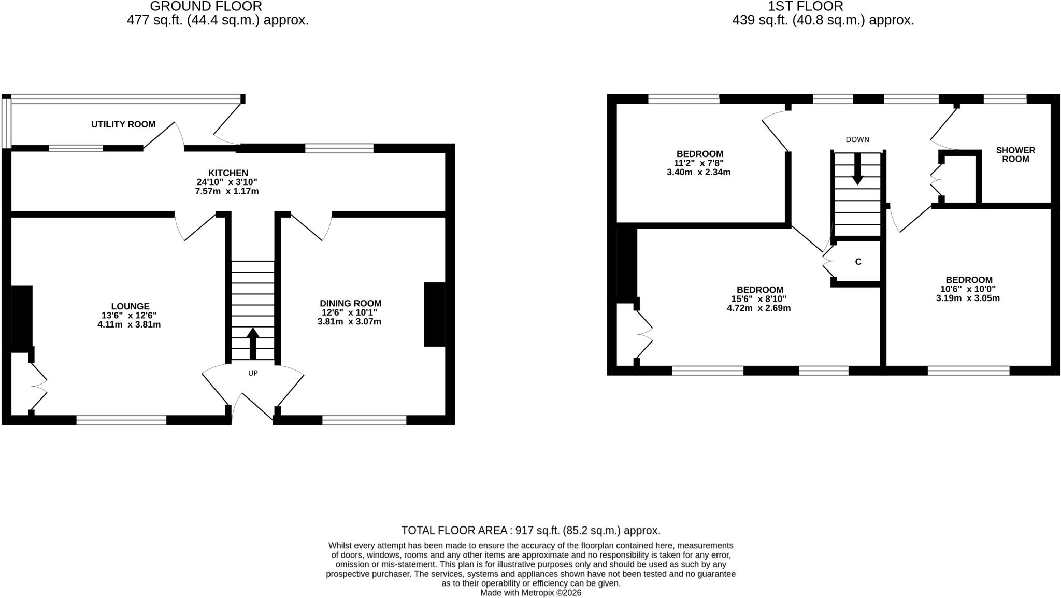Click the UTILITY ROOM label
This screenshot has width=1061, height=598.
[x=123, y=124]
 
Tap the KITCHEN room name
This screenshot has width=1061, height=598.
[x=228, y=173]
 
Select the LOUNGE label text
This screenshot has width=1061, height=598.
[x=130, y=307]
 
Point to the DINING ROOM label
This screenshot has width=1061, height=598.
[x=350, y=304]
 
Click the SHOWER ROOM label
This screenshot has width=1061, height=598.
[x=1015, y=154]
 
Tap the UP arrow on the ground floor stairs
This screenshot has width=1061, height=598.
[x=253, y=343]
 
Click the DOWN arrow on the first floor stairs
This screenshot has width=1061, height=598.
[x=857, y=169]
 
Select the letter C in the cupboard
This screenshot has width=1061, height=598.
[x=858, y=262]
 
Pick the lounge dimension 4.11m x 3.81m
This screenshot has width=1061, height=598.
[x=129, y=325]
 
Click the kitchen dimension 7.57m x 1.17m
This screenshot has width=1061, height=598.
[x=227, y=191]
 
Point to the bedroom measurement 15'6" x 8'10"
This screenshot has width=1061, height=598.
[x=760, y=299]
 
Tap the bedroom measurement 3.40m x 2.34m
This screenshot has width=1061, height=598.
[x=698, y=172]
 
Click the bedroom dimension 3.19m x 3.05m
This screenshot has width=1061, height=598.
[x=968, y=298]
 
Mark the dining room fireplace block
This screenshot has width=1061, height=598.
[x=435, y=314]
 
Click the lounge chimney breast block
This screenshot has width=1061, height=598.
[x=21, y=319]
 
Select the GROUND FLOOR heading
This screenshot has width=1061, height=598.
[x=206, y=7]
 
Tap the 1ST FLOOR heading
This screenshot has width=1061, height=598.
[x=805, y=7]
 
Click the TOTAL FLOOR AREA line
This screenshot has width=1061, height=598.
[x=530, y=531]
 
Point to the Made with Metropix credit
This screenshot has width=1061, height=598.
[x=530, y=593]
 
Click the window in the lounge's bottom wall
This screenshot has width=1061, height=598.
[x=121, y=420]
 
